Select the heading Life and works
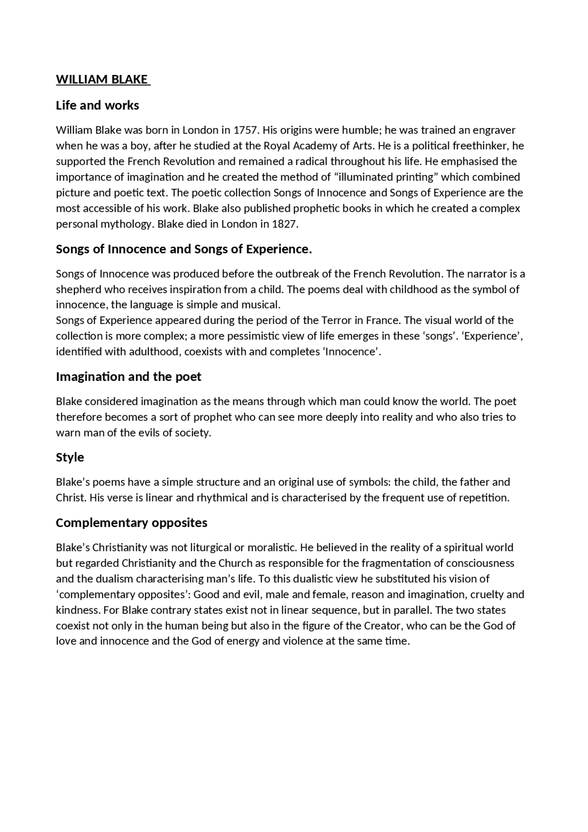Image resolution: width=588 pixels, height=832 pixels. tap(97, 105)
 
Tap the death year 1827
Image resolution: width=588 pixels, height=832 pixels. tap(285, 224)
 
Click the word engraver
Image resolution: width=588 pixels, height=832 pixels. tap(494, 130)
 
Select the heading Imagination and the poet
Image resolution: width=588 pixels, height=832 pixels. tap(129, 377)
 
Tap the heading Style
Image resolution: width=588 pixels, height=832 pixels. tap(70, 458)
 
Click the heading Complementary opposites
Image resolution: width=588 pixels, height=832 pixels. tap(131, 523)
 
